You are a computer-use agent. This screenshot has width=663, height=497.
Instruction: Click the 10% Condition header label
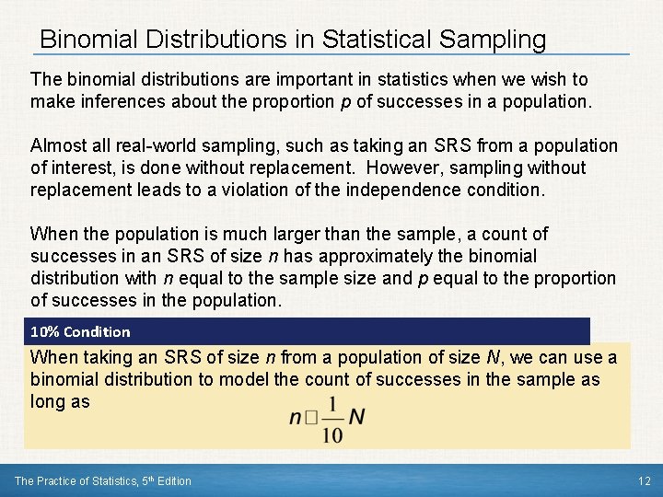click(x=80, y=331)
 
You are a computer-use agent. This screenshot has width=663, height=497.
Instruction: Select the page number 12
click(x=644, y=480)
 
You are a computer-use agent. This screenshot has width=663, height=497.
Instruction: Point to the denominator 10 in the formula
click(x=333, y=434)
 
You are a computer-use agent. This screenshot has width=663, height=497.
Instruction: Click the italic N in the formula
click(x=357, y=417)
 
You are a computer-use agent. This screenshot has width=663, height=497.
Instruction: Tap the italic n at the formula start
click(x=295, y=417)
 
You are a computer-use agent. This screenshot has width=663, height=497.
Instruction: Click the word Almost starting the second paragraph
click(x=57, y=145)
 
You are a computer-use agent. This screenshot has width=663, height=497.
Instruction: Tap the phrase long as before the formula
click(x=60, y=401)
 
